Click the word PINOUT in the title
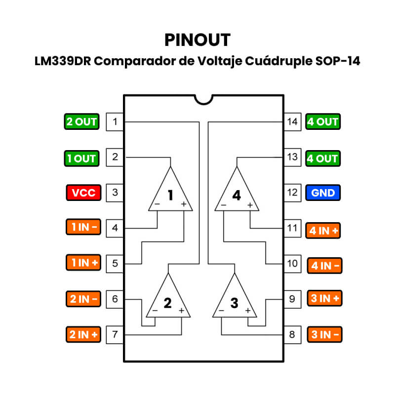click(197, 39)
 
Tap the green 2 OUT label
click(81, 121)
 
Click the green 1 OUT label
click(81, 158)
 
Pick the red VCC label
click(83, 193)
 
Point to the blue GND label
click(323, 193)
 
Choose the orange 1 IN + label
click(83, 263)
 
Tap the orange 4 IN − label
click(324, 266)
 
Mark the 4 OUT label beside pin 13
click(322, 158)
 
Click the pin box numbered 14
click(293, 121)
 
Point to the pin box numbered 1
click(115, 121)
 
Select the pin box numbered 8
click(293, 335)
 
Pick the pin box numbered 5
click(115, 263)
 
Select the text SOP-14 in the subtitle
click(339, 62)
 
